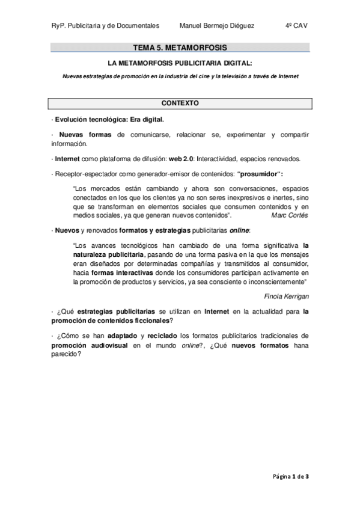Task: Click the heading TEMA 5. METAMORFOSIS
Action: tap(180, 47)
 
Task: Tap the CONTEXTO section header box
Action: tap(180, 103)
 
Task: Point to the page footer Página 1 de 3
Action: tap(290, 476)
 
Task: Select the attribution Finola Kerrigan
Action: tap(286, 296)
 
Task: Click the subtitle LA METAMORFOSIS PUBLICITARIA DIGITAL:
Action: tap(180, 63)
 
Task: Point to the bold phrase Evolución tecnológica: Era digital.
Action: tap(108, 119)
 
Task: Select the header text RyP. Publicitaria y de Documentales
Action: tap(105, 26)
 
